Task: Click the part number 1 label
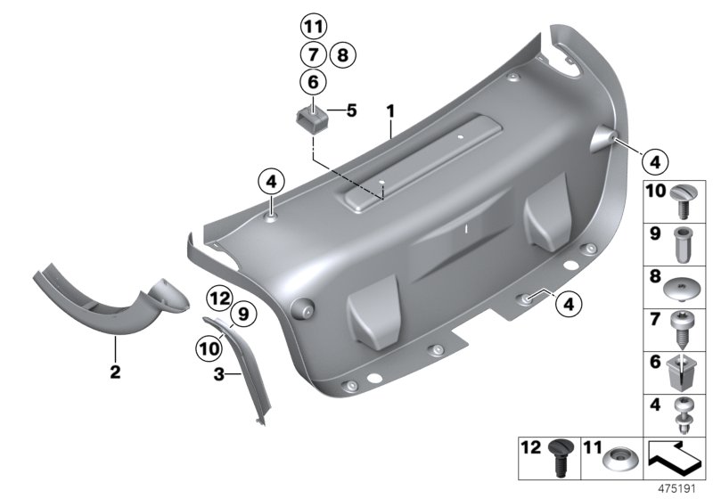click(x=389, y=110)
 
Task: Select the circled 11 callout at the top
click(x=313, y=25)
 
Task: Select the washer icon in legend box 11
click(x=619, y=459)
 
